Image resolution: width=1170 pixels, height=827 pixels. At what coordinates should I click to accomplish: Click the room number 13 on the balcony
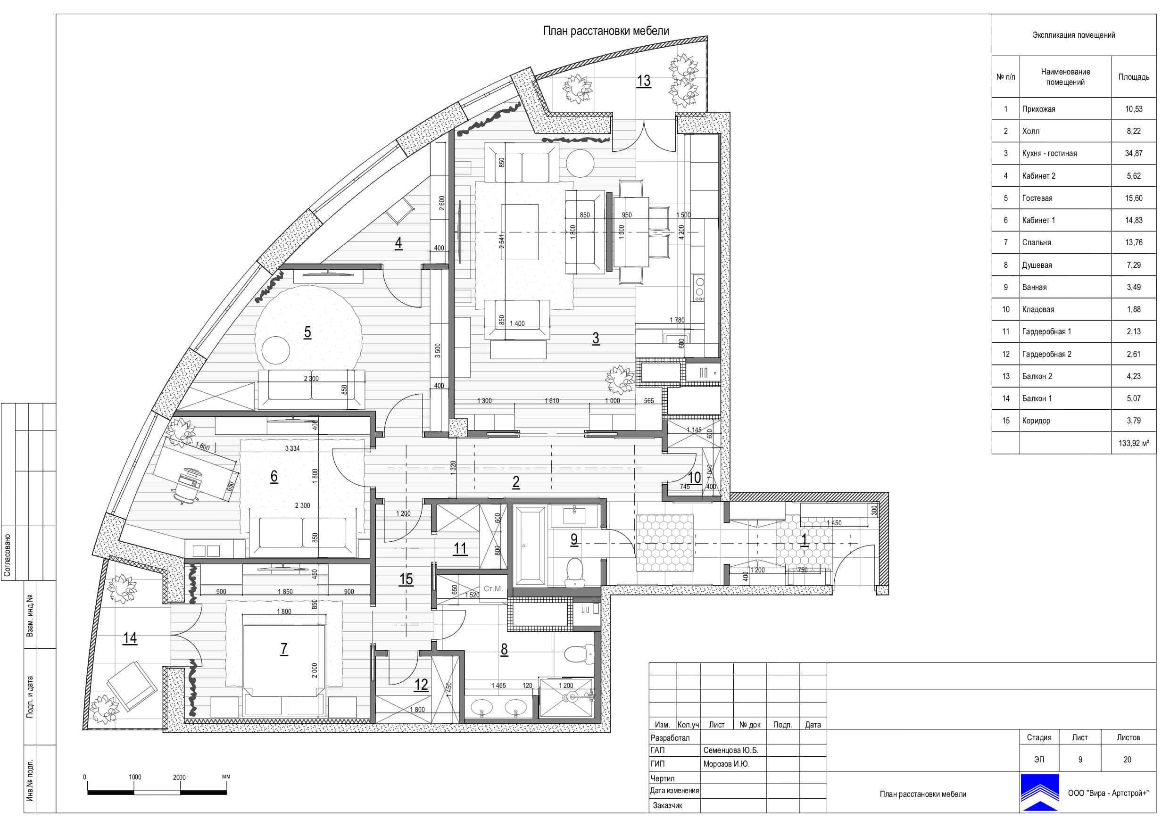(x=644, y=81)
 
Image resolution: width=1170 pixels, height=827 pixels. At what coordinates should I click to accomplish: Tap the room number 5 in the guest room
(x=307, y=332)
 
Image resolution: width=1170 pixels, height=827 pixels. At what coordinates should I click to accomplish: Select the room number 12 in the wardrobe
(x=421, y=684)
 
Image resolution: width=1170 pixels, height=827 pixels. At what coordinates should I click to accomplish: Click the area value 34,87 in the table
(x=1134, y=153)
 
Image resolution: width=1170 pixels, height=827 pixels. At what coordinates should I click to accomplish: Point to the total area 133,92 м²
(x=1134, y=443)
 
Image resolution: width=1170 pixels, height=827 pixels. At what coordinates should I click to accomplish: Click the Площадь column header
(x=1134, y=77)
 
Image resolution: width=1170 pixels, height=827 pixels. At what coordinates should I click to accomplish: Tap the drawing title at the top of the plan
(x=606, y=31)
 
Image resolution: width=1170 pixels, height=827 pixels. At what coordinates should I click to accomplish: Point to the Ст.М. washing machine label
(x=493, y=588)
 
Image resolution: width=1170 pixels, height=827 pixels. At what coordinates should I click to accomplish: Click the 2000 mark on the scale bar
(x=179, y=777)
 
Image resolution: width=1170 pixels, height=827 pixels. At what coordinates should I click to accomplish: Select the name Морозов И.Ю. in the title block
(x=726, y=764)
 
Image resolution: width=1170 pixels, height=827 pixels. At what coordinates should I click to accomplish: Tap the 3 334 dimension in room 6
(x=292, y=448)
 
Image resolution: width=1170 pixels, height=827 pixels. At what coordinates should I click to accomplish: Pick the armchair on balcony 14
(x=131, y=686)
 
